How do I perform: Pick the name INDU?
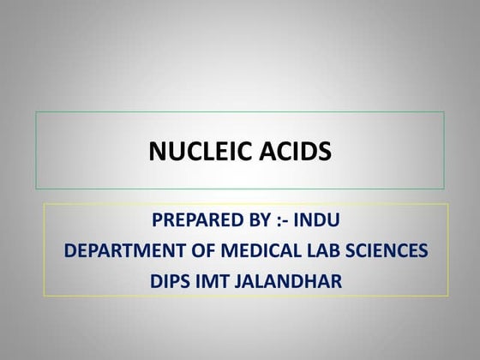coord(316,220)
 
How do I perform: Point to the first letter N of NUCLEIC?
coord(157,152)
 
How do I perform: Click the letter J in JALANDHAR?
coord(243,279)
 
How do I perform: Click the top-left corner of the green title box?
coord(35,111)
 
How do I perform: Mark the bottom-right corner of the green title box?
coord(444,189)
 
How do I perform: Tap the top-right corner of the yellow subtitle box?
coord(448,204)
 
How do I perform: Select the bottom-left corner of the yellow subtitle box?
coord(44,297)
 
